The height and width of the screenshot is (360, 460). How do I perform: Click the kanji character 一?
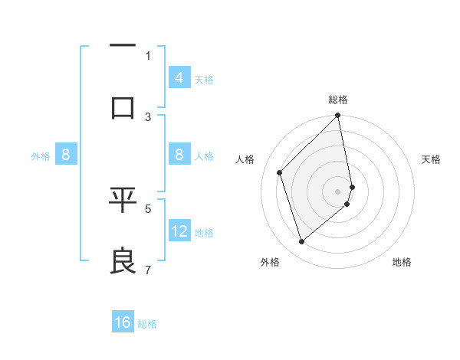pos(123,47)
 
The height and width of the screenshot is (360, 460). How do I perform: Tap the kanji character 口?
pos(123,107)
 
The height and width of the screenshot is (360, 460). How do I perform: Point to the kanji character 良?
pos(123,260)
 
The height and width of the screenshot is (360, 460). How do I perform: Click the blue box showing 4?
pos(179,78)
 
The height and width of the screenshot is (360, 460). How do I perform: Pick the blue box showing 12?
pos(179,231)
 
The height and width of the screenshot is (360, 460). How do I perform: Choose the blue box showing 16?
pos(123,322)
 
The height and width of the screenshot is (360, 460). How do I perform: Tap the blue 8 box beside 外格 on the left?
pos(66,155)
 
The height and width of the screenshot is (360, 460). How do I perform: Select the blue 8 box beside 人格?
pos(179,155)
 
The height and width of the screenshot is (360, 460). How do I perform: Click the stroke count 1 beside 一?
pos(148,55)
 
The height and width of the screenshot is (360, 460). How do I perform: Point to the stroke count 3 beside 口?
pos(148,116)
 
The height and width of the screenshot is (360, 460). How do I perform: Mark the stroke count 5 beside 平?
pos(148,208)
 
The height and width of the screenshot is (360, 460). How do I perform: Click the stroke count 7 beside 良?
pos(148,270)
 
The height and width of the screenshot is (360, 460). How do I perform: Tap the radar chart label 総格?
pos(338,100)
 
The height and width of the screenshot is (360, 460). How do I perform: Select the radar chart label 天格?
pos(432,159)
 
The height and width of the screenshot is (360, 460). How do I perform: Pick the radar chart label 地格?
pos(402,262)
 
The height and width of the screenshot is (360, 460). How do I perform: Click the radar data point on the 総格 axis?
pos(338,116)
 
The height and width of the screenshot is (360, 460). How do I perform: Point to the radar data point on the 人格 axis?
pos(280,172)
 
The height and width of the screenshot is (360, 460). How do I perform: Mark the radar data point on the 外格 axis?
pos(302,242)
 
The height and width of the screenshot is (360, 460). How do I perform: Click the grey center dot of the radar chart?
pos(338,191)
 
